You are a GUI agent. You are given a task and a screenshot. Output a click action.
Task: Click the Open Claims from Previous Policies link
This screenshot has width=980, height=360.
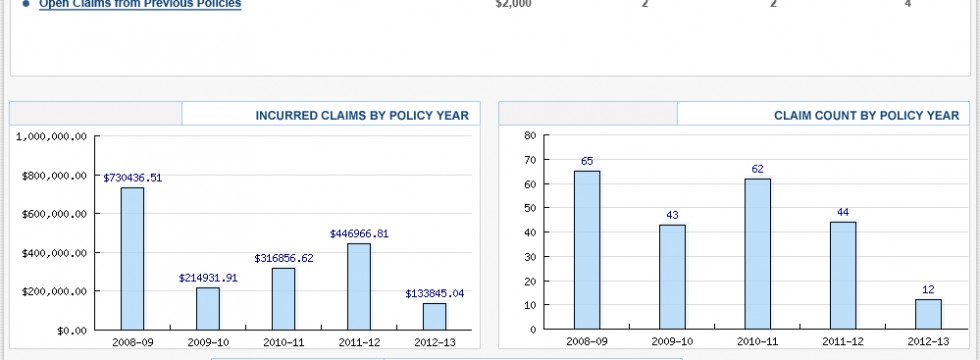point(140,4)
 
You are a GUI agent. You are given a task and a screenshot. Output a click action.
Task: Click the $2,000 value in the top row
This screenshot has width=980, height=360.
point(513,4)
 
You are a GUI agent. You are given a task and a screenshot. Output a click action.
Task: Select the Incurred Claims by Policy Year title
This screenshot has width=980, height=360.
point(362,115)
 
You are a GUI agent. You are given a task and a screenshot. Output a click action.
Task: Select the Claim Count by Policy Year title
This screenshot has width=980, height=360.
point(866,115)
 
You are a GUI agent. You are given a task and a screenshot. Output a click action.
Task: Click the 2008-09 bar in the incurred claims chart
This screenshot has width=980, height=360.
point(132,259)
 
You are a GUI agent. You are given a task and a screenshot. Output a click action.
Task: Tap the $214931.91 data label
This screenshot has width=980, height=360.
point(208,277)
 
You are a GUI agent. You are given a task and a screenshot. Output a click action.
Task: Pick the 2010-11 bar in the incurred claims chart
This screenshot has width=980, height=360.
point(283,299)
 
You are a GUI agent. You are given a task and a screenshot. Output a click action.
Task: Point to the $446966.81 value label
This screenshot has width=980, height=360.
point(359,233)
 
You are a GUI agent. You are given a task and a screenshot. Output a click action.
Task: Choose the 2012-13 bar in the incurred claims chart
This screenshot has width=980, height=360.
point(434,316)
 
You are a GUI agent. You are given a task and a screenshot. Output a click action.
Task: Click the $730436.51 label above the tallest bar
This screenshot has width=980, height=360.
point(132,177)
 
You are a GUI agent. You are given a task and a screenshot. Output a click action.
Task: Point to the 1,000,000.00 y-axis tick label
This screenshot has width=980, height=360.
point(52,137)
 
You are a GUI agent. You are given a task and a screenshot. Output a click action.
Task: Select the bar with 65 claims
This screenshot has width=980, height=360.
point(587,250)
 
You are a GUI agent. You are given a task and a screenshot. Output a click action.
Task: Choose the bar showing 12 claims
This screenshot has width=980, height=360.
point(928,314)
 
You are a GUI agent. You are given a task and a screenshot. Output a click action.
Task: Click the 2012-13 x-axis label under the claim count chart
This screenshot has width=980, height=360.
point(928,342)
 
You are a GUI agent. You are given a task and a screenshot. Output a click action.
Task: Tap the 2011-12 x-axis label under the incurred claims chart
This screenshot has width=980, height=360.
point(359,342)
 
